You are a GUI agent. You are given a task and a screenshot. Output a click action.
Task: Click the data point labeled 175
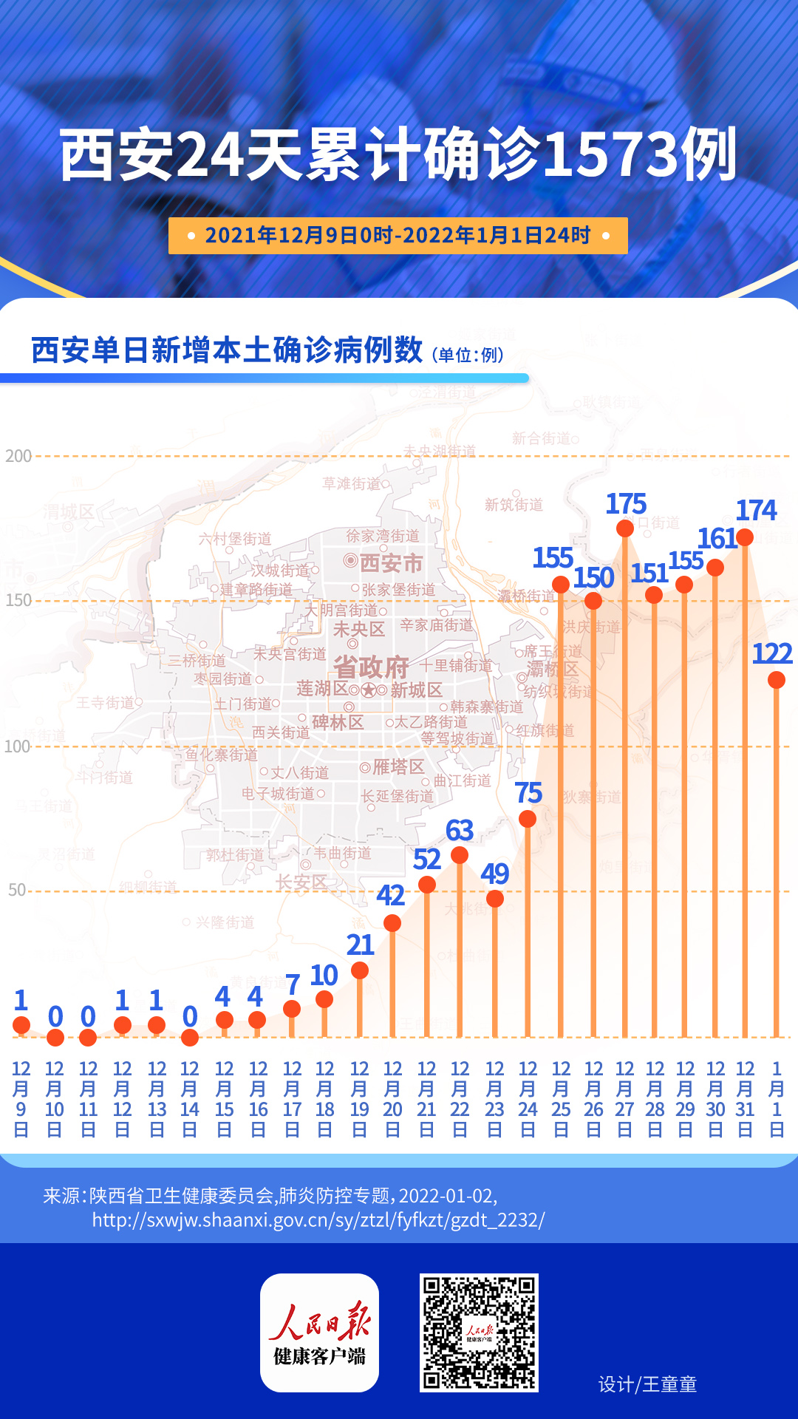[625, 528]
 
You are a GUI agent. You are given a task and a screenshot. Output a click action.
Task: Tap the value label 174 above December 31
[756, 510]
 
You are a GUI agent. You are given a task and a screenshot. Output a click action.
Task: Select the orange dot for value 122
[776, 680]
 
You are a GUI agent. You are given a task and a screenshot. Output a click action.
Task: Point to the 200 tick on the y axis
[18, 456]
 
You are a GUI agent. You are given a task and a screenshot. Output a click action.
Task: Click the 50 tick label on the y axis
[17, 890]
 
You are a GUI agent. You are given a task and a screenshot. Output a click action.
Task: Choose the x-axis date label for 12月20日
[392, 1098]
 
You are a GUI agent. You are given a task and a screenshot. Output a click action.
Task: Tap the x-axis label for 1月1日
[777, 1098]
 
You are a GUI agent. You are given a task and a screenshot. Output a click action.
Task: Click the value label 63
[460, 831]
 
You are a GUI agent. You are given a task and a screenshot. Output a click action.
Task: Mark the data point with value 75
[528, 819]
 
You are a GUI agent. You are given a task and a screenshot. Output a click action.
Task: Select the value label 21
[360, 945]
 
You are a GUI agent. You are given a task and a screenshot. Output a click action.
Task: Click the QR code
[479, 1333]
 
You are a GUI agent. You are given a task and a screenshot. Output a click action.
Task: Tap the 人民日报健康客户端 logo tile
[319, 1333]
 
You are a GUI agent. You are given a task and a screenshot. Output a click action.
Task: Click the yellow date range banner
[398, 236]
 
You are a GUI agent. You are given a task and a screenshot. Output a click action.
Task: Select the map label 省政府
[371, 667]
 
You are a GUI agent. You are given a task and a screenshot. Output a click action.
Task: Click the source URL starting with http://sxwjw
[318, 1220]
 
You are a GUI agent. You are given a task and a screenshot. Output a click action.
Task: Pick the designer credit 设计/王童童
[647, 1384]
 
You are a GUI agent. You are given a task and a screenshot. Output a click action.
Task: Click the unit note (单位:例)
[468, 355]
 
